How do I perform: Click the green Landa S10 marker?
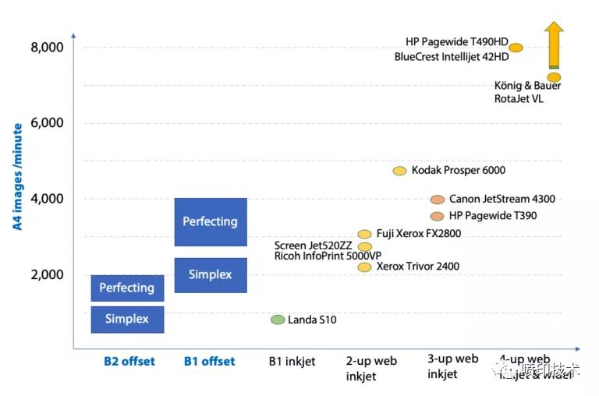click(278, 320)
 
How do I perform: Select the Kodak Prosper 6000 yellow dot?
click(399, 171)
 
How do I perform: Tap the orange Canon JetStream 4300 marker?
click(437, 200)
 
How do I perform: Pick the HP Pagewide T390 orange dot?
click(437, 216)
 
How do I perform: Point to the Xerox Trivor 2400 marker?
click(364, 267)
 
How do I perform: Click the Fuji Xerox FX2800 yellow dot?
click(364, 234)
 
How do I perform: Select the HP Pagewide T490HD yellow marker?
click(516, 48)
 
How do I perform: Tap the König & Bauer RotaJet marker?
click(554, 77)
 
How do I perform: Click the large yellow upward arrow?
click(554, 44)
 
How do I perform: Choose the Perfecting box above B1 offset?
click(210, 221)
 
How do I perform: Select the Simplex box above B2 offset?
click(127, 319)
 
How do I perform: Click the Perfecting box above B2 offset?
click(127, 288)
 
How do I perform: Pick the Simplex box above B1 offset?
click(210, 274)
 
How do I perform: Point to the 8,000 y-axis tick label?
click(47, 48)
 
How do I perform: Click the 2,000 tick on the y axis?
click(47, 274)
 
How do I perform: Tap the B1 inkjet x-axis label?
click(292, 361)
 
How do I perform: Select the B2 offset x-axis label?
click(129, 361)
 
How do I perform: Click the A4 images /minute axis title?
click(16, 177)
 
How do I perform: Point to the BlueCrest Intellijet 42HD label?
click(452, 57)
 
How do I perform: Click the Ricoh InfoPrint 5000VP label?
click(328, 256)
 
